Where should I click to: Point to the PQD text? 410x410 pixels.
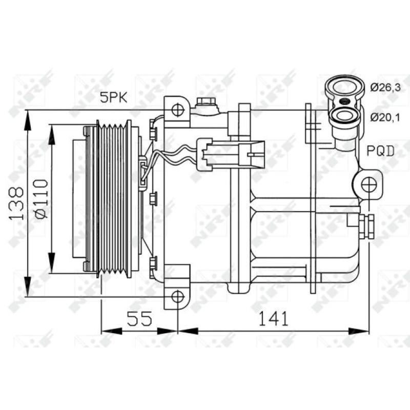pos(380,151)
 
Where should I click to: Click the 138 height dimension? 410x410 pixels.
pos(16,203)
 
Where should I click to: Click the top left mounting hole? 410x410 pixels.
pos(177,110)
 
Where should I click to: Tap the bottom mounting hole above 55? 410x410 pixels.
pos(177,296)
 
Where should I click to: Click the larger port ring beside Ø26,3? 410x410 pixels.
pos(344,88)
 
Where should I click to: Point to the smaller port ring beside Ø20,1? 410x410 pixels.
pos(343,115)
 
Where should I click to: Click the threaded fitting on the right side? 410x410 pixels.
pos(367,225)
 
